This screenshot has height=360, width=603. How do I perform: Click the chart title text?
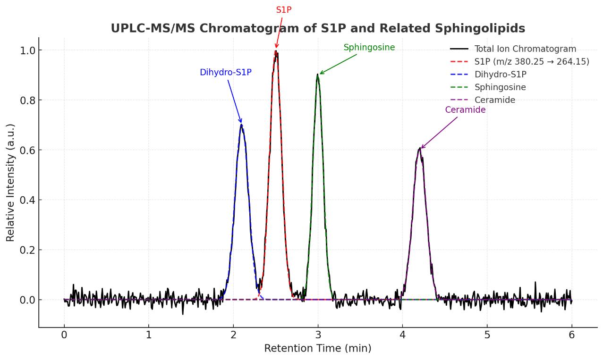tap(318, 28)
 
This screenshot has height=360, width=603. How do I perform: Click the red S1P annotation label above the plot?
tap(284, 10)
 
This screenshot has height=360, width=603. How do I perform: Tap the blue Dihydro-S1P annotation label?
tap(225, 73)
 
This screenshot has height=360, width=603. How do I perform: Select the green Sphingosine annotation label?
tap(369, 48)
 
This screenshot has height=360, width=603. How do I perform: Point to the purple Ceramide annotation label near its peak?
tap(465, 110)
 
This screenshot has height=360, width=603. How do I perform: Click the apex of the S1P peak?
tap(276, 51)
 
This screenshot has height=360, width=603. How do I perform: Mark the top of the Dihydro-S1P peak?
tap(241, 125)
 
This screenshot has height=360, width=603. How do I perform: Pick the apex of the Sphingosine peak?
tap(318, 75)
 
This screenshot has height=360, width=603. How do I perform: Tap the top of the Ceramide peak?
tap(419, 149)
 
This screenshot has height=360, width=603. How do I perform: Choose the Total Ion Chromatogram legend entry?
tap(525, 49)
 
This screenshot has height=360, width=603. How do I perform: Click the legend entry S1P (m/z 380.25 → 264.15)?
tap(532, 62)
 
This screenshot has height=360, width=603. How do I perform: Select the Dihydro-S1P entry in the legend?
tap(500, 75)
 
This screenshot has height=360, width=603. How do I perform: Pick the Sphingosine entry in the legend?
tap(500, 87)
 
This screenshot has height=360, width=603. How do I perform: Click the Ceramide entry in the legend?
tap(494, 100)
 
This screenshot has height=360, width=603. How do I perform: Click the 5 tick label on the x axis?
tap(487, 335)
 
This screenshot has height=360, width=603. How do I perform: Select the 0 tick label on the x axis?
tap(64, 335)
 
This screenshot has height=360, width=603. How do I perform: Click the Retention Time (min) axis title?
tap(317, 349)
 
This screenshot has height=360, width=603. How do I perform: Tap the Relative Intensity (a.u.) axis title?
tap(10, 183)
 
